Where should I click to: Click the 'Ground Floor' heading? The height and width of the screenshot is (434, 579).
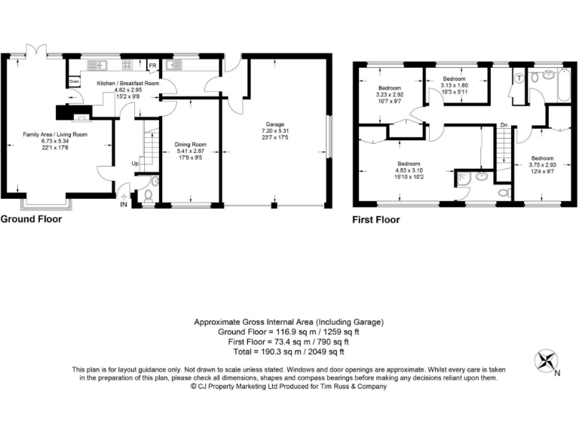31,219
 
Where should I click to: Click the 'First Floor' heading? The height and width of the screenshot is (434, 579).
376,220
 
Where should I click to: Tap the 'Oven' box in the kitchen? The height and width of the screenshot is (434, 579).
74,81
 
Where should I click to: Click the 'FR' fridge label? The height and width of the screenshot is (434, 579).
152,66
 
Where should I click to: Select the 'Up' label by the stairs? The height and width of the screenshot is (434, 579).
136,163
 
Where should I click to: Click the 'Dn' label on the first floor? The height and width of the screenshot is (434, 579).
503,125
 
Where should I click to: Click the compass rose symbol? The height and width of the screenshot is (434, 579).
544,361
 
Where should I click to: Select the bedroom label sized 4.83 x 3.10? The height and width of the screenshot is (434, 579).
409,170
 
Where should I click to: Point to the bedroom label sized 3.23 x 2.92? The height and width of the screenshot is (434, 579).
390,93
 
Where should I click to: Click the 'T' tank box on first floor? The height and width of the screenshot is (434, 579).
519,77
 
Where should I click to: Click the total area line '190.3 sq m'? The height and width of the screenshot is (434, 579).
289,351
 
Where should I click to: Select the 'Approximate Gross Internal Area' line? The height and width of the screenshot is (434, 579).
289,322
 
